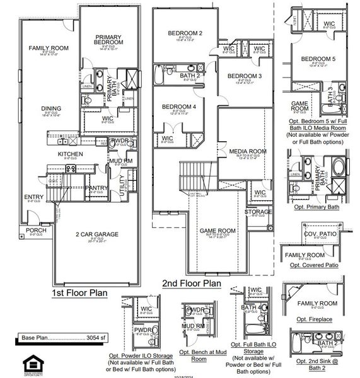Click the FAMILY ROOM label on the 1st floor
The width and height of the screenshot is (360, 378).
(48, 48)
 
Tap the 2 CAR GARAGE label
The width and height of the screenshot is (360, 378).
(97, 234)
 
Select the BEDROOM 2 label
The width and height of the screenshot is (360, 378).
(185, 33)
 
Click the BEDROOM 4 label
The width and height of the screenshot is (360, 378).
(178, 107)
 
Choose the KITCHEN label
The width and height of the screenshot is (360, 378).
(71, 154)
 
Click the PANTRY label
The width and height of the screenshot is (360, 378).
(96, 187)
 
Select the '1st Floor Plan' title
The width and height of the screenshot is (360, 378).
(79, 293)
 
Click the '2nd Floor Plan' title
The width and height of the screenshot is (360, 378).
(191, 283)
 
